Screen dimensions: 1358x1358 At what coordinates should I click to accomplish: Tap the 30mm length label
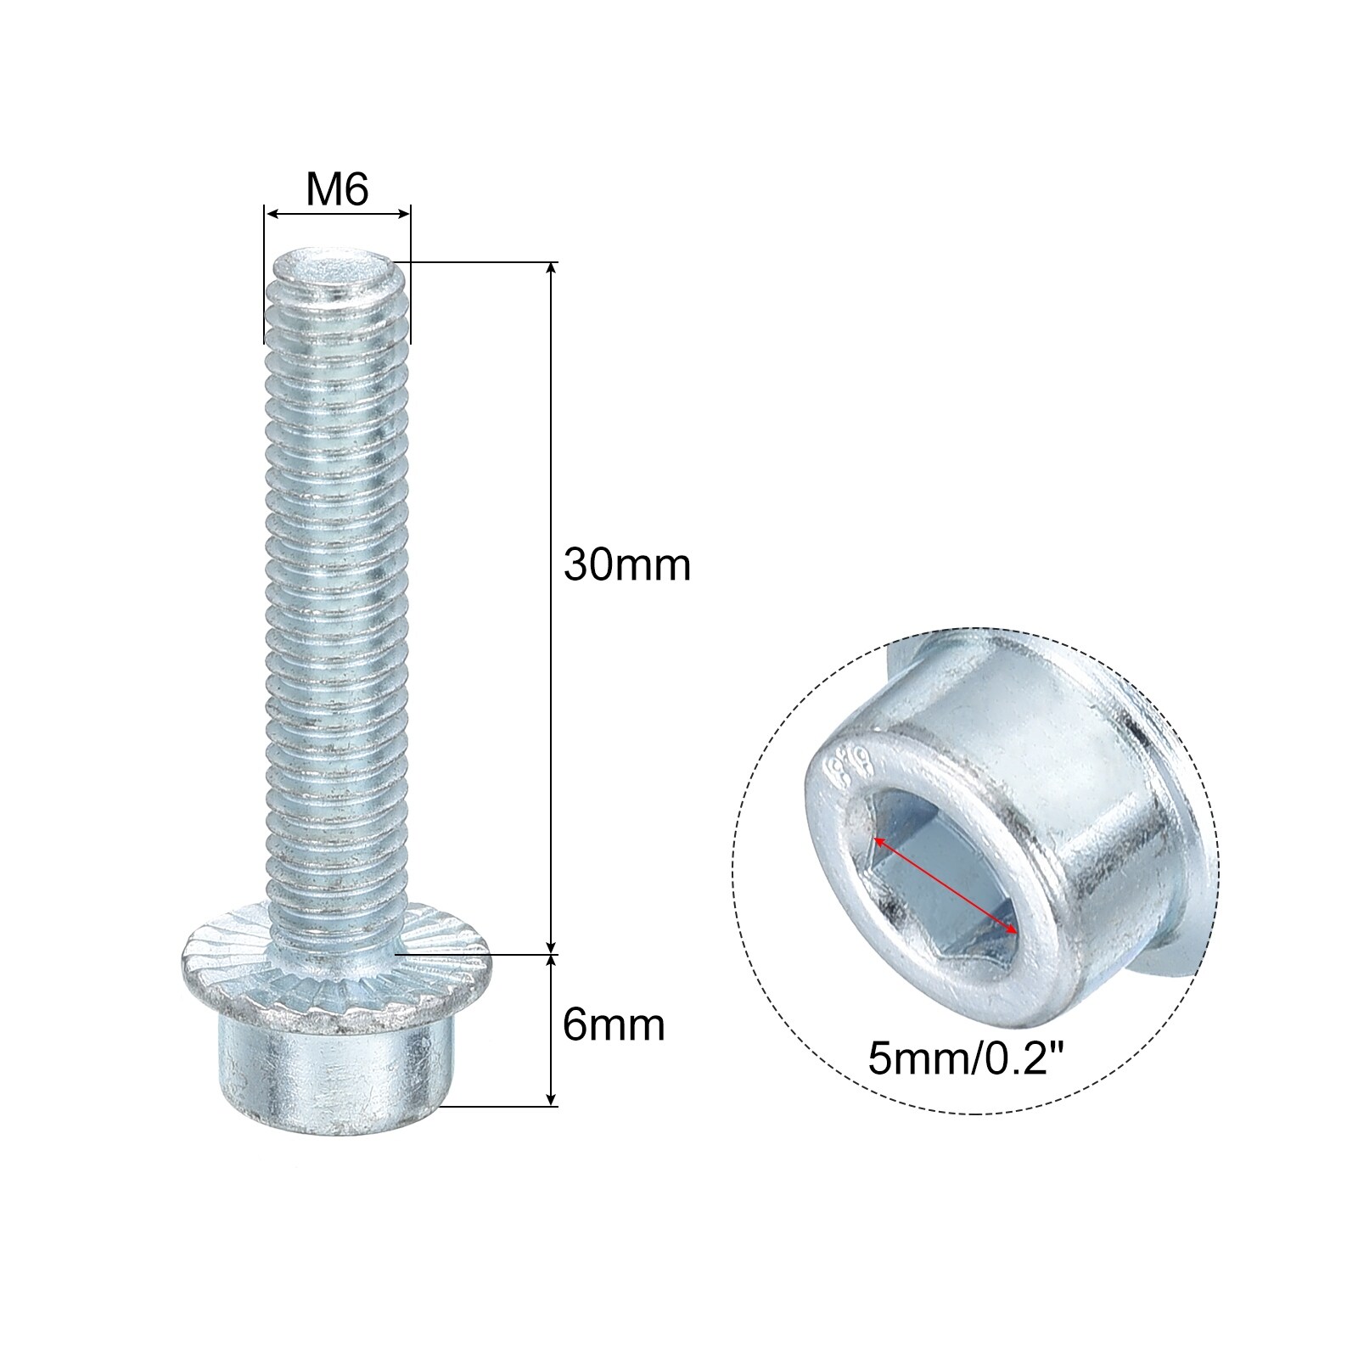pyautogui.click(x=627, y=564)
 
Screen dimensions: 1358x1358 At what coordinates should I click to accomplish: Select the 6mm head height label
pyautogui.click(x=614, y=1025)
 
